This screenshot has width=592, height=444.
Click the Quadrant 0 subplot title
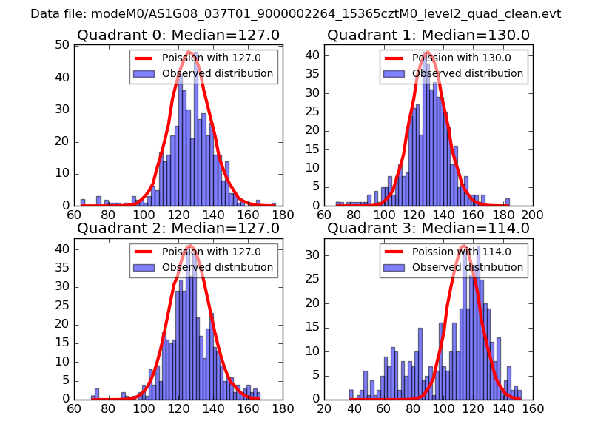(178, 35)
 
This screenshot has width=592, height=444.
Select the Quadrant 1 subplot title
(428, 35)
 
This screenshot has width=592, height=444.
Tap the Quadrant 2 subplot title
(178, 228)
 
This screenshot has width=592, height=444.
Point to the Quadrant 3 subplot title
(428, 228)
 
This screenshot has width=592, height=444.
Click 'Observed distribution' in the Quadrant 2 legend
(218, 267)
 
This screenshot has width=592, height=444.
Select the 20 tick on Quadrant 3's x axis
(324, 408)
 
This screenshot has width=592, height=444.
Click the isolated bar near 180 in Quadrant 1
(508, 202)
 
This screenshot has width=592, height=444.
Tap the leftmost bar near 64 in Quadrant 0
(83, 202)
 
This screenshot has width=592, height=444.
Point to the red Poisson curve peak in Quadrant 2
(190, 246)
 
